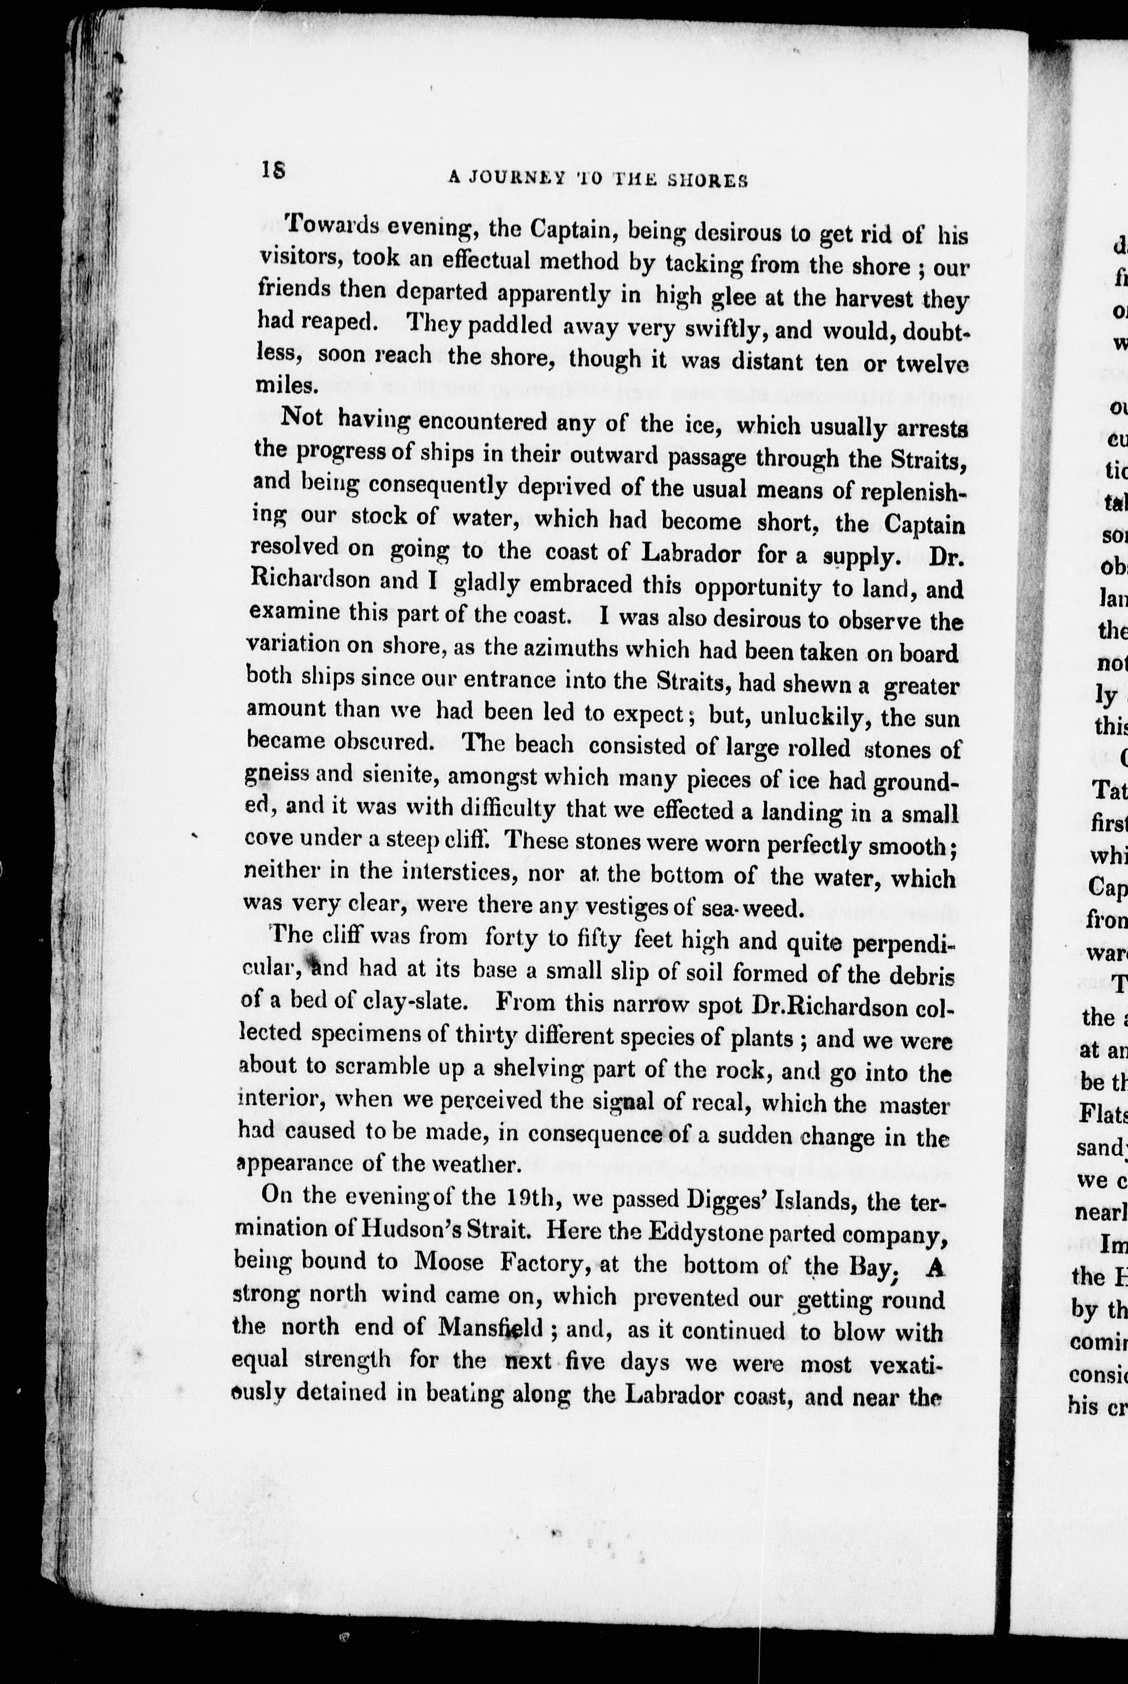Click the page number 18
pos(274,170)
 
